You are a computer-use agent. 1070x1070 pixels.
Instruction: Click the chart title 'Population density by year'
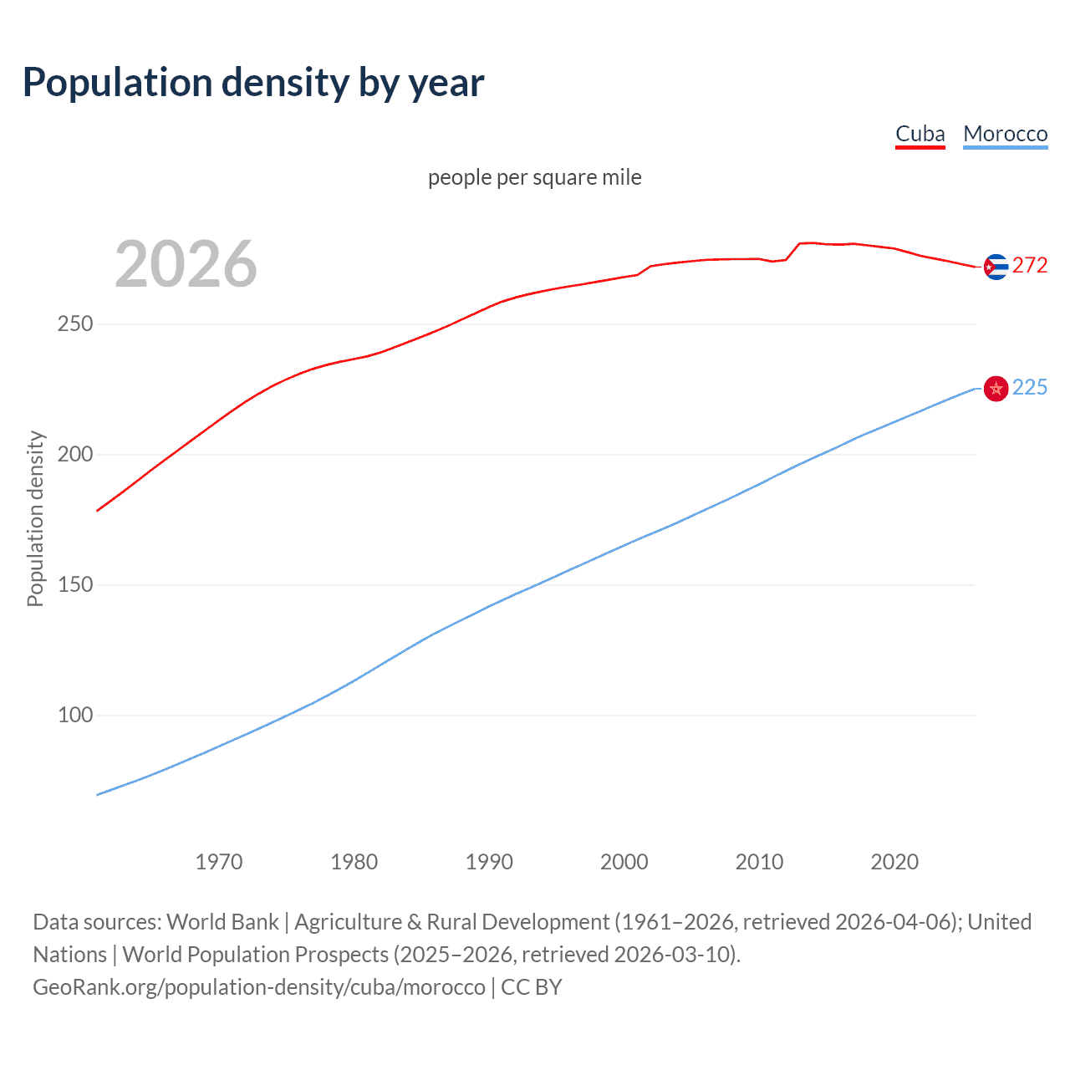[x=253, y=83]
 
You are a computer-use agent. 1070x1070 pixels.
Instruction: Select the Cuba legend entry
[x=920, y=134]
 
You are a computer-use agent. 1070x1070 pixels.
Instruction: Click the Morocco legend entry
[x=1005, y=134]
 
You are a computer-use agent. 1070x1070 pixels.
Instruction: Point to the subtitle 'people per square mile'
[x=534, y=177]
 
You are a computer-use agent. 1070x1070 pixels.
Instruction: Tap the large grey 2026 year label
[x=186, y=264]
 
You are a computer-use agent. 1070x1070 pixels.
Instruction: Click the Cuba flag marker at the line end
[x=995, y=267]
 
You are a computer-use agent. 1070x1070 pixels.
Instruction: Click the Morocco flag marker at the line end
[x=995, y=389]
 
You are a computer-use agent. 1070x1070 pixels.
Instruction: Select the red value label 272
[x=1030, y=266]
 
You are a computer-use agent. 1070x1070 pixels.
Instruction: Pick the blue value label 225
[x=1030, y=387]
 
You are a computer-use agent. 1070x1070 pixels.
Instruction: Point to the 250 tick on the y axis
[x=75, y=324]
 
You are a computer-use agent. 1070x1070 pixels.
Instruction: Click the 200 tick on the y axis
[x=75, y=454]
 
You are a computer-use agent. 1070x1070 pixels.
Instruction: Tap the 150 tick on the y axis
[x=75, y=584]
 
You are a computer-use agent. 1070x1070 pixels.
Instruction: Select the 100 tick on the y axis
[x=75, y=715]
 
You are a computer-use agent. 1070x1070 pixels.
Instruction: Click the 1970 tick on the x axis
[x=219, y=862]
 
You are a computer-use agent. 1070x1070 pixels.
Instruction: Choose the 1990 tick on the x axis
[x=489, y=862]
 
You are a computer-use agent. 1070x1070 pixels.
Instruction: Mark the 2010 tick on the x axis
[x=759, y=862]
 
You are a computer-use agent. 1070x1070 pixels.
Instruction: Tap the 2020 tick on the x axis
[x=894, y=862]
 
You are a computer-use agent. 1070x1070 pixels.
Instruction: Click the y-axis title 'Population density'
[x=35, y=518]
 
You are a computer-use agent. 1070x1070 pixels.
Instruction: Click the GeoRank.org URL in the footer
[x=259, y=987]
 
